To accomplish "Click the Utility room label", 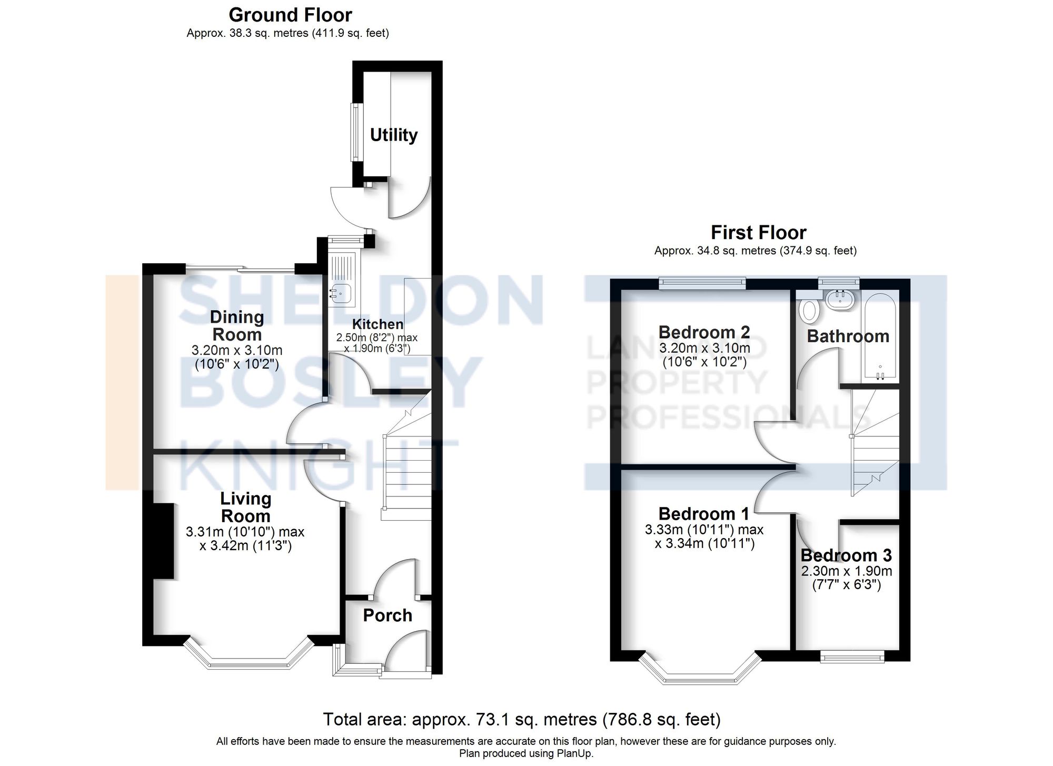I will [x=393, y=135].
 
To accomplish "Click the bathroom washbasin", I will [x=839, y=300].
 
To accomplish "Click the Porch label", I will [x=387, y=615].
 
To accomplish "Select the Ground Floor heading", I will [x=290, y=15].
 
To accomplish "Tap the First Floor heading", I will [x=758, y=232].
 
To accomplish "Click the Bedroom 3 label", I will [x=846, y=555].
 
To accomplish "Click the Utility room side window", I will [x=356, y=132].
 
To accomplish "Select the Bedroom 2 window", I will [x=702, y=283].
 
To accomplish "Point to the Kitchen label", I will [x=378, y=324].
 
